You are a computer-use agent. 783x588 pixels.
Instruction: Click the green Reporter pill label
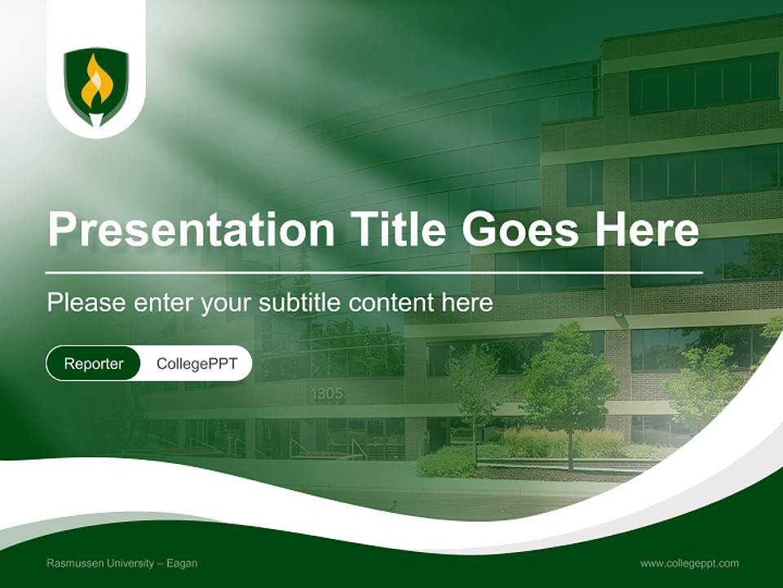pyautogui.click(x=94, y=363)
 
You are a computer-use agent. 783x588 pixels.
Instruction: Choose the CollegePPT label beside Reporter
pyautogui.click(x=197, y=363)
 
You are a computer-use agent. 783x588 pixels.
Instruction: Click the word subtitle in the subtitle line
pyautogui.click(x=300, y=303)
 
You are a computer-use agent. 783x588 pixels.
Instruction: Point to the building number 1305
pyautogui.click(x=326, y=394)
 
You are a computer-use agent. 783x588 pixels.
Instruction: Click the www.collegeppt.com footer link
pyautogui.click(x=689, y=563)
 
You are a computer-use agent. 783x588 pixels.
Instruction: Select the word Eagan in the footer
pyautogui.click(x=182, y=563)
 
